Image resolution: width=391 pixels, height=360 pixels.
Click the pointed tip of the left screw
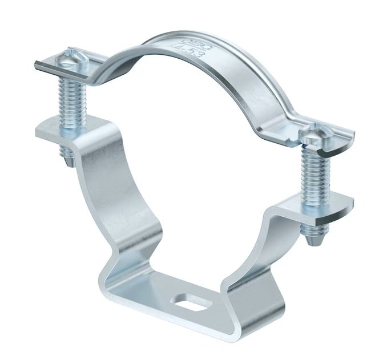point(68,161)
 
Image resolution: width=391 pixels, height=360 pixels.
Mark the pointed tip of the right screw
point(313,240)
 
